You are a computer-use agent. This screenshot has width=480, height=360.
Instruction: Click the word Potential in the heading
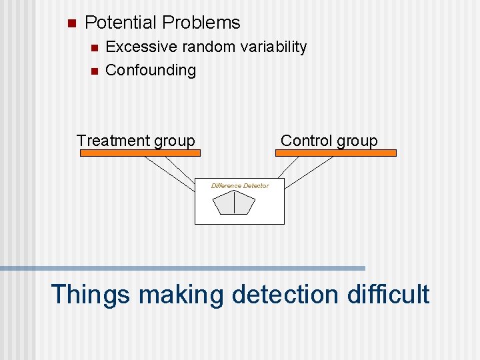(x=121, y=23)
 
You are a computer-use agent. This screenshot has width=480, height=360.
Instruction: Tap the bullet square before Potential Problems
(x=72, y=23)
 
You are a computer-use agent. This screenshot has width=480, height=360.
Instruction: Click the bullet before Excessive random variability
(x=93, y=48)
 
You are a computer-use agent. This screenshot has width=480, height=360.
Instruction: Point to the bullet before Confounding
(x=93, y=71)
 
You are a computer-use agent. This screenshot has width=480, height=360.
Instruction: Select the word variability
(x=273, y=47)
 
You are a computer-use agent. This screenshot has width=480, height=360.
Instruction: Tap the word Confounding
(x=151, y=70)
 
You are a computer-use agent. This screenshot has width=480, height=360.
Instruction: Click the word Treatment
(x=113, y=141)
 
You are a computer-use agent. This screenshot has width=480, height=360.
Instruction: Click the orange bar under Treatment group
(x=140, y=153)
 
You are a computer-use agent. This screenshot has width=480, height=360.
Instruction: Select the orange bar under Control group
(x=335, y=153)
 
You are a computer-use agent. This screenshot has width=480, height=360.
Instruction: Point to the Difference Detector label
(x=240, y=186)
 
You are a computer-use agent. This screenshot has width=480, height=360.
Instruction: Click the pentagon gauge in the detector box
(x=234, y=203)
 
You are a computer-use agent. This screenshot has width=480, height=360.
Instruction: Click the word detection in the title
(x=285, y=294)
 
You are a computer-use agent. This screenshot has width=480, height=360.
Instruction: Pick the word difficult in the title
(x=388, y=294)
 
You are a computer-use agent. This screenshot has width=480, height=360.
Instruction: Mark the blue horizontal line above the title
(x=183, y=268)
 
